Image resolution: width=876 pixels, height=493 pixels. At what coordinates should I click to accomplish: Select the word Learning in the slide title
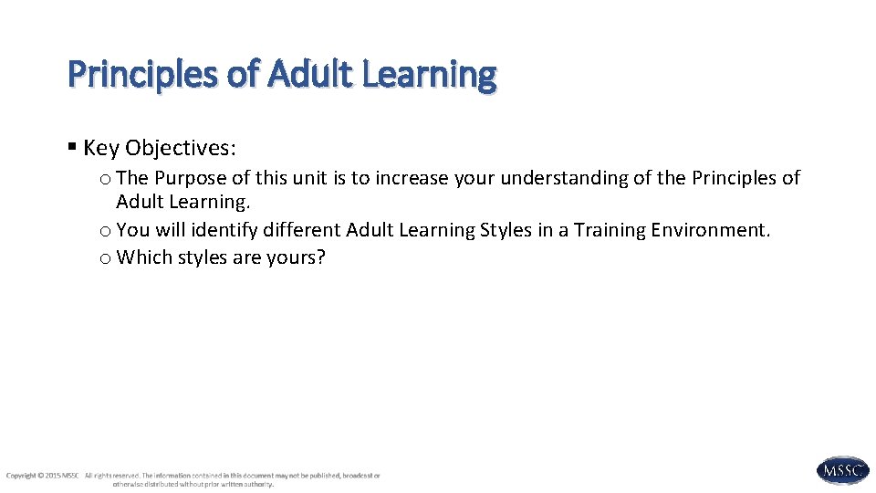(429, 75)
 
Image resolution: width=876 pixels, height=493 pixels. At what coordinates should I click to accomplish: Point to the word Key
(101, 148)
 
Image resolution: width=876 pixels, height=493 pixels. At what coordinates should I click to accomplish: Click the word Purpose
(189, 178)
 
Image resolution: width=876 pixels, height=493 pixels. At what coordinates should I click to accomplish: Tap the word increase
(412, 178)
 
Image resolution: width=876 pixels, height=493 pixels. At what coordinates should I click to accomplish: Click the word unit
(309, 178)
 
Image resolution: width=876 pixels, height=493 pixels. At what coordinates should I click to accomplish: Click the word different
(301, 230)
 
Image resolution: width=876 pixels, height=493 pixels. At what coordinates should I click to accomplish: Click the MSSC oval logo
(842, 470)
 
